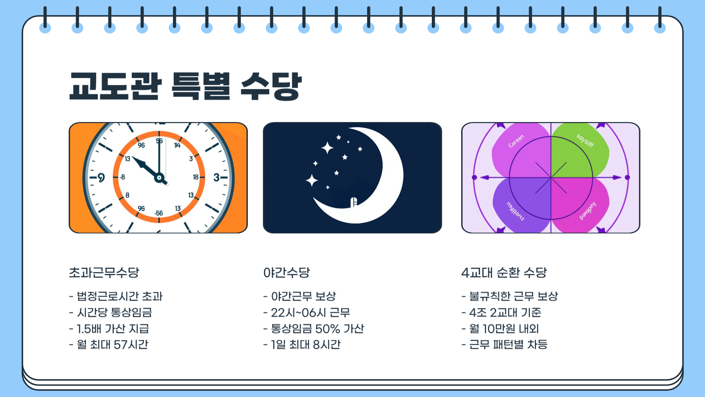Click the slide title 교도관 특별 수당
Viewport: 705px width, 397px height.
click(185, 86)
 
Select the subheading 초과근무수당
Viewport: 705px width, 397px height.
click(104, 272)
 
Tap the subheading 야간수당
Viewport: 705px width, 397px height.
click(287, 272)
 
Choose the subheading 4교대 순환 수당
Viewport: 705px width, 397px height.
click(504, 272)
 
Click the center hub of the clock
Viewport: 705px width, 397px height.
click(159, 178)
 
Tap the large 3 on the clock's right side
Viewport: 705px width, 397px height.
click(217, 178)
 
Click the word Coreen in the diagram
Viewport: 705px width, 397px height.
click(516, 141)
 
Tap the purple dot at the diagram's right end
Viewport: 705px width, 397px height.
click(627, 178)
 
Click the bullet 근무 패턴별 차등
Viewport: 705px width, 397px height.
click(508, 344)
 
